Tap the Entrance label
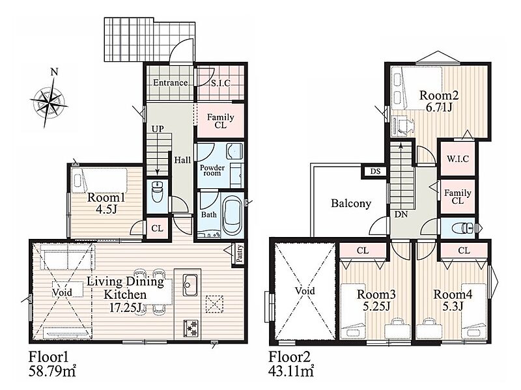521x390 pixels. click(x=170, y=83)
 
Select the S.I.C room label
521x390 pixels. click(x=221, y=83)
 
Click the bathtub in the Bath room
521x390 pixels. click(x=231, y=215)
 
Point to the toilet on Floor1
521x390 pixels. click(x=157, y=191)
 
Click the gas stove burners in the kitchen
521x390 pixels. click(x=190, y=328)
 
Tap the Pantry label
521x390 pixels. click(x=240, y=253)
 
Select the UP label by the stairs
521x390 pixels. click(x=158, y=128)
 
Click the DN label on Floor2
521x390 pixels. click(x=401, y=214)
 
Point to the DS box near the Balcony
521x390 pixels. click(x=375, y=172)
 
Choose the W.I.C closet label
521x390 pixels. click(x=458, y=159)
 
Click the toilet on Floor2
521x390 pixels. click(x=463, y=228)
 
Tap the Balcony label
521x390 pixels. click(x=351, y=203)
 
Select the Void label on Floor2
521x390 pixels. click(x=305, y=291)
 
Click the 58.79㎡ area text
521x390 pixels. click(x=52, y=372)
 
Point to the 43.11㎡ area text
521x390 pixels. click(x=290, y=371)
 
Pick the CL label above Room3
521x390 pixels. click(x=363, y=251)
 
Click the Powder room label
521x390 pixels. click(x=212, y=171)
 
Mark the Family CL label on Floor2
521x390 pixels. click(x=458, y=197)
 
